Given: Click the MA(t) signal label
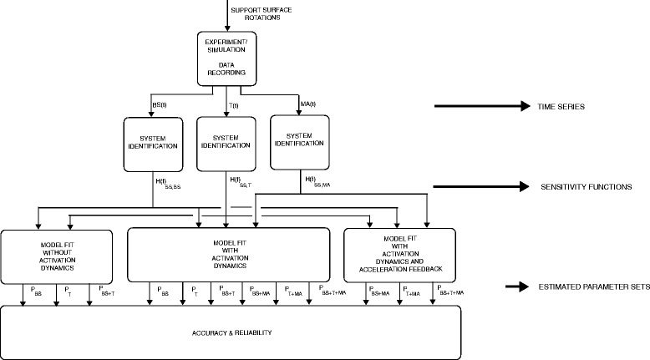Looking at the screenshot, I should [x=310, y=104].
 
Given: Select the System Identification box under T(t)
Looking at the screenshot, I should [x=226, y=141].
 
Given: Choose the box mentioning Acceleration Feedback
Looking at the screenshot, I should [x=400, y=254].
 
